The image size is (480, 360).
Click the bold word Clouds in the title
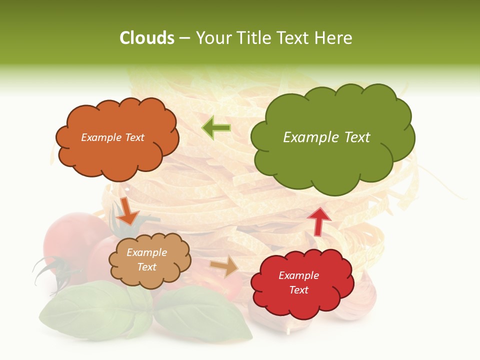pos(146,38)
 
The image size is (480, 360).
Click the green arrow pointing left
pos(216,128)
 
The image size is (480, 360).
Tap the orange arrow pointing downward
pos(128,211)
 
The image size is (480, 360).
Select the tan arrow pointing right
pos(224,266)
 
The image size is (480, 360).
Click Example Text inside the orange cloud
pos(112,137)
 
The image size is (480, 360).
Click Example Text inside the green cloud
pos(326,137)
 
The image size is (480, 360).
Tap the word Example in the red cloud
pos(298,275)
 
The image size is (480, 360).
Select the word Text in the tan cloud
pos(147,267)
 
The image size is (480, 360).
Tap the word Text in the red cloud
pos(298,290)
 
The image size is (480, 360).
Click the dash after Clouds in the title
pos(184,38)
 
